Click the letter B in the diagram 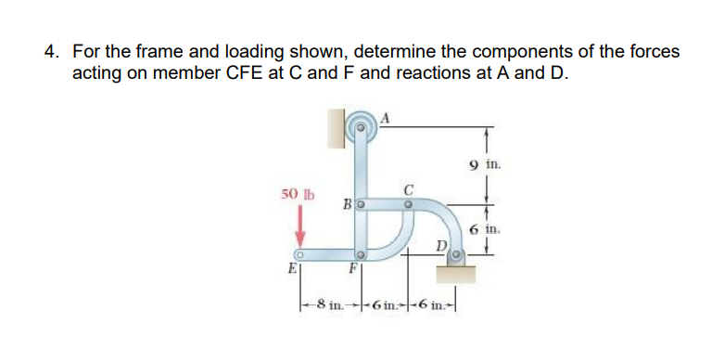(x=348, y=203)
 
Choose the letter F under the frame (x=353, y=271)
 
